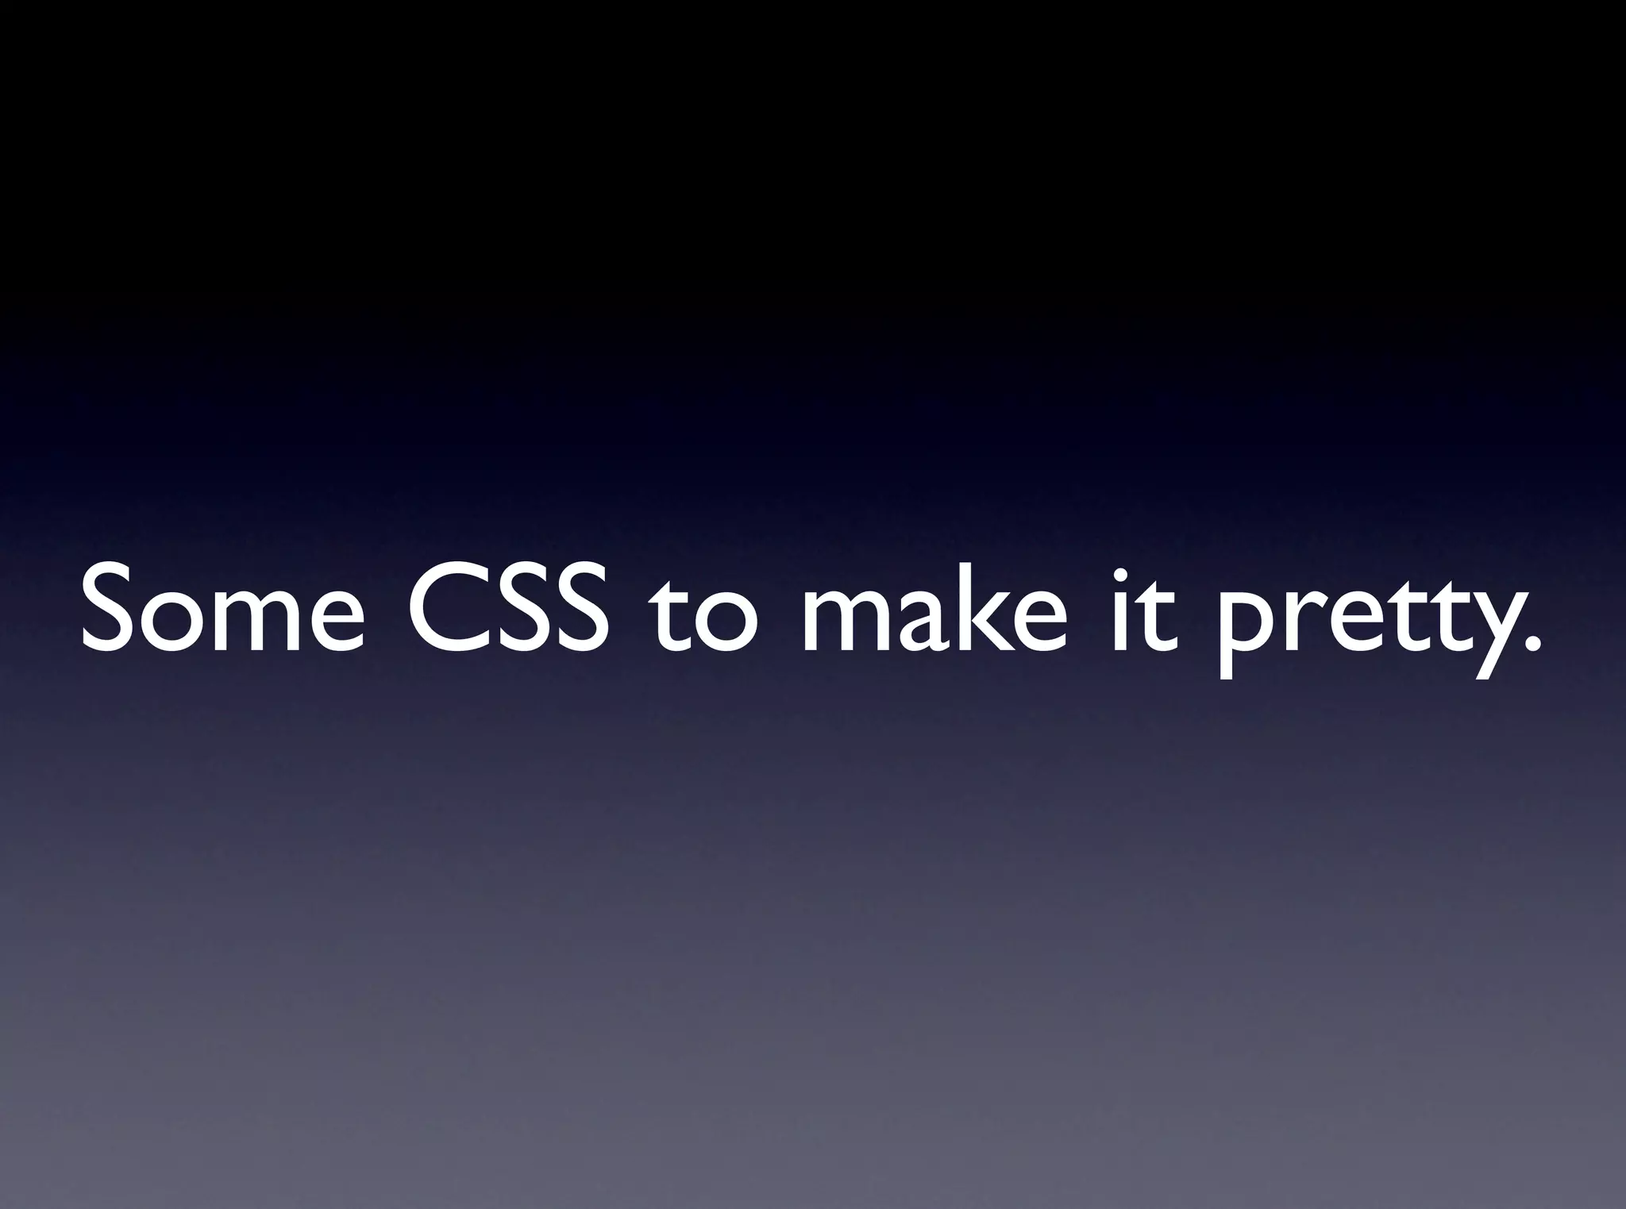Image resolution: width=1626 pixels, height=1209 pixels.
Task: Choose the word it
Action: [x=1139, y=610]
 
